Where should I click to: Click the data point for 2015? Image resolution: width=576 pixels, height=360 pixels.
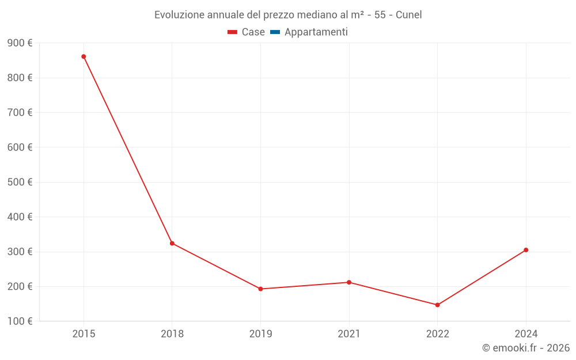pyautogui.click(x=84, y=56)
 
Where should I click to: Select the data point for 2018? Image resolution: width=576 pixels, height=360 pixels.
pyautogui.click(x=172, y=243)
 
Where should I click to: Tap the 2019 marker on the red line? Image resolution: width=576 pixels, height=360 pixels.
pyautogui.click(x=260, y=289)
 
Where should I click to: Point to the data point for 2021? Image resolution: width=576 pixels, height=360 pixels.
pyautogui.click(x=349, y=282)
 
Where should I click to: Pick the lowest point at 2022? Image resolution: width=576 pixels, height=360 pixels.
pyautogui.click(x=437, y=305)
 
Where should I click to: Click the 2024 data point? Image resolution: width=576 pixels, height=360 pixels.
pyautogui.click(x=526, y=250)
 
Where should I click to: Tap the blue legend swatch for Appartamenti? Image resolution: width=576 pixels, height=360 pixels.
pyautogui.click(x=275, y=32)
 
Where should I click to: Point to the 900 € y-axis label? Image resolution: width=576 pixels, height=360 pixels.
pyautogui.click(x=20, y=43)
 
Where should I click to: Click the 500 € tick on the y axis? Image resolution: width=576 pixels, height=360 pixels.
pyautogui.click(x=20, y=182)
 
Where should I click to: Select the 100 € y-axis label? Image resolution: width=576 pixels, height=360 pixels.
pyautogui.click(x=20, y=321)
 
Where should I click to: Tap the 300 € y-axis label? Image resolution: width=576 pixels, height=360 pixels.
pyautogui.click(x=20, y=252)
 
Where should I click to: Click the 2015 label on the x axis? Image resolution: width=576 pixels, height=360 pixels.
pyautogui.click(x=84, y=334)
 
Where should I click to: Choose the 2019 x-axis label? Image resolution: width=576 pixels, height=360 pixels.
pyautogui.click(x=260, y=334)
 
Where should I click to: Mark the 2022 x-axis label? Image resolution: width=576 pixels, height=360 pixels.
pyautogui.click(x=437, y=334)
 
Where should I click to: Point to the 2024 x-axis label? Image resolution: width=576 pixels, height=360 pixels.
pyautogui.click(x=526, y=334)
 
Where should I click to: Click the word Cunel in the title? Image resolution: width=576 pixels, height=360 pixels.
pyautogui.click(x=408, y=15)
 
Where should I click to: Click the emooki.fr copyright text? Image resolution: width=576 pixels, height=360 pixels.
pyautogui.click(x=526, y=348)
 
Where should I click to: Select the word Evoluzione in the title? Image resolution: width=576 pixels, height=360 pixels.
pyautogui.click(x=180, y=15)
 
